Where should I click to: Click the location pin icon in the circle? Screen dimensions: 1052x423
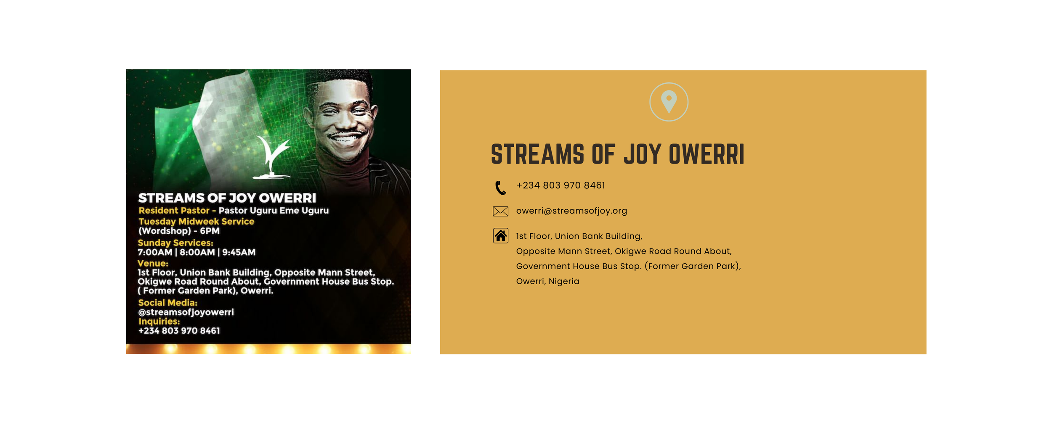[x=669, y=101]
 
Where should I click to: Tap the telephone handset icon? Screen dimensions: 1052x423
[x=500, y=188]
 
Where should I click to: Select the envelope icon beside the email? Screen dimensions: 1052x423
[x=500, y=211]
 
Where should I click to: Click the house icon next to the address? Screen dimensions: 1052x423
[x=500, y=236]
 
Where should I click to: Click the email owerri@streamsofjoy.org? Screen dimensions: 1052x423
[x=571, y=211]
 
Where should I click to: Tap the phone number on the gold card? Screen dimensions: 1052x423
[x=561, y=185]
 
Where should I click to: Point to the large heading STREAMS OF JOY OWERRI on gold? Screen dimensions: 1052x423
[x=617, y=154]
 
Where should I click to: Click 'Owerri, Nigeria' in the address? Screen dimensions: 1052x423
[x=547, y=281]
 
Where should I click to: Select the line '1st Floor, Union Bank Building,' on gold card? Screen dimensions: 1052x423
[x=579, y=236]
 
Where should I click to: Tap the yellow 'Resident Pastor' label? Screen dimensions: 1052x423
[x=174, y=210]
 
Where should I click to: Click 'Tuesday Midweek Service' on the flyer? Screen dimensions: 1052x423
[x=196, y=222]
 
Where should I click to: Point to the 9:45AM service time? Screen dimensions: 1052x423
[x=239, y=252]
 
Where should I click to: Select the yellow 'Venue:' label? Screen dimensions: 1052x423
[x=153, y=264]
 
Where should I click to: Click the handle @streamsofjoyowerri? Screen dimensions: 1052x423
[x=186, y=312]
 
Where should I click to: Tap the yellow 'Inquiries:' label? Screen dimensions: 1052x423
[x=159, y=322]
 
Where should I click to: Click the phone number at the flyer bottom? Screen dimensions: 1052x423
[x=179, y=331]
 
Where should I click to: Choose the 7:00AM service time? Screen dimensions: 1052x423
[x=155, y=252]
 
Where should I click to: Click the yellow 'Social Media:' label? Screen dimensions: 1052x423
[x=167, y=303]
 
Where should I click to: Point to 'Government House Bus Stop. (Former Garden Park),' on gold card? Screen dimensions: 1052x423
[x=628, y=266]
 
